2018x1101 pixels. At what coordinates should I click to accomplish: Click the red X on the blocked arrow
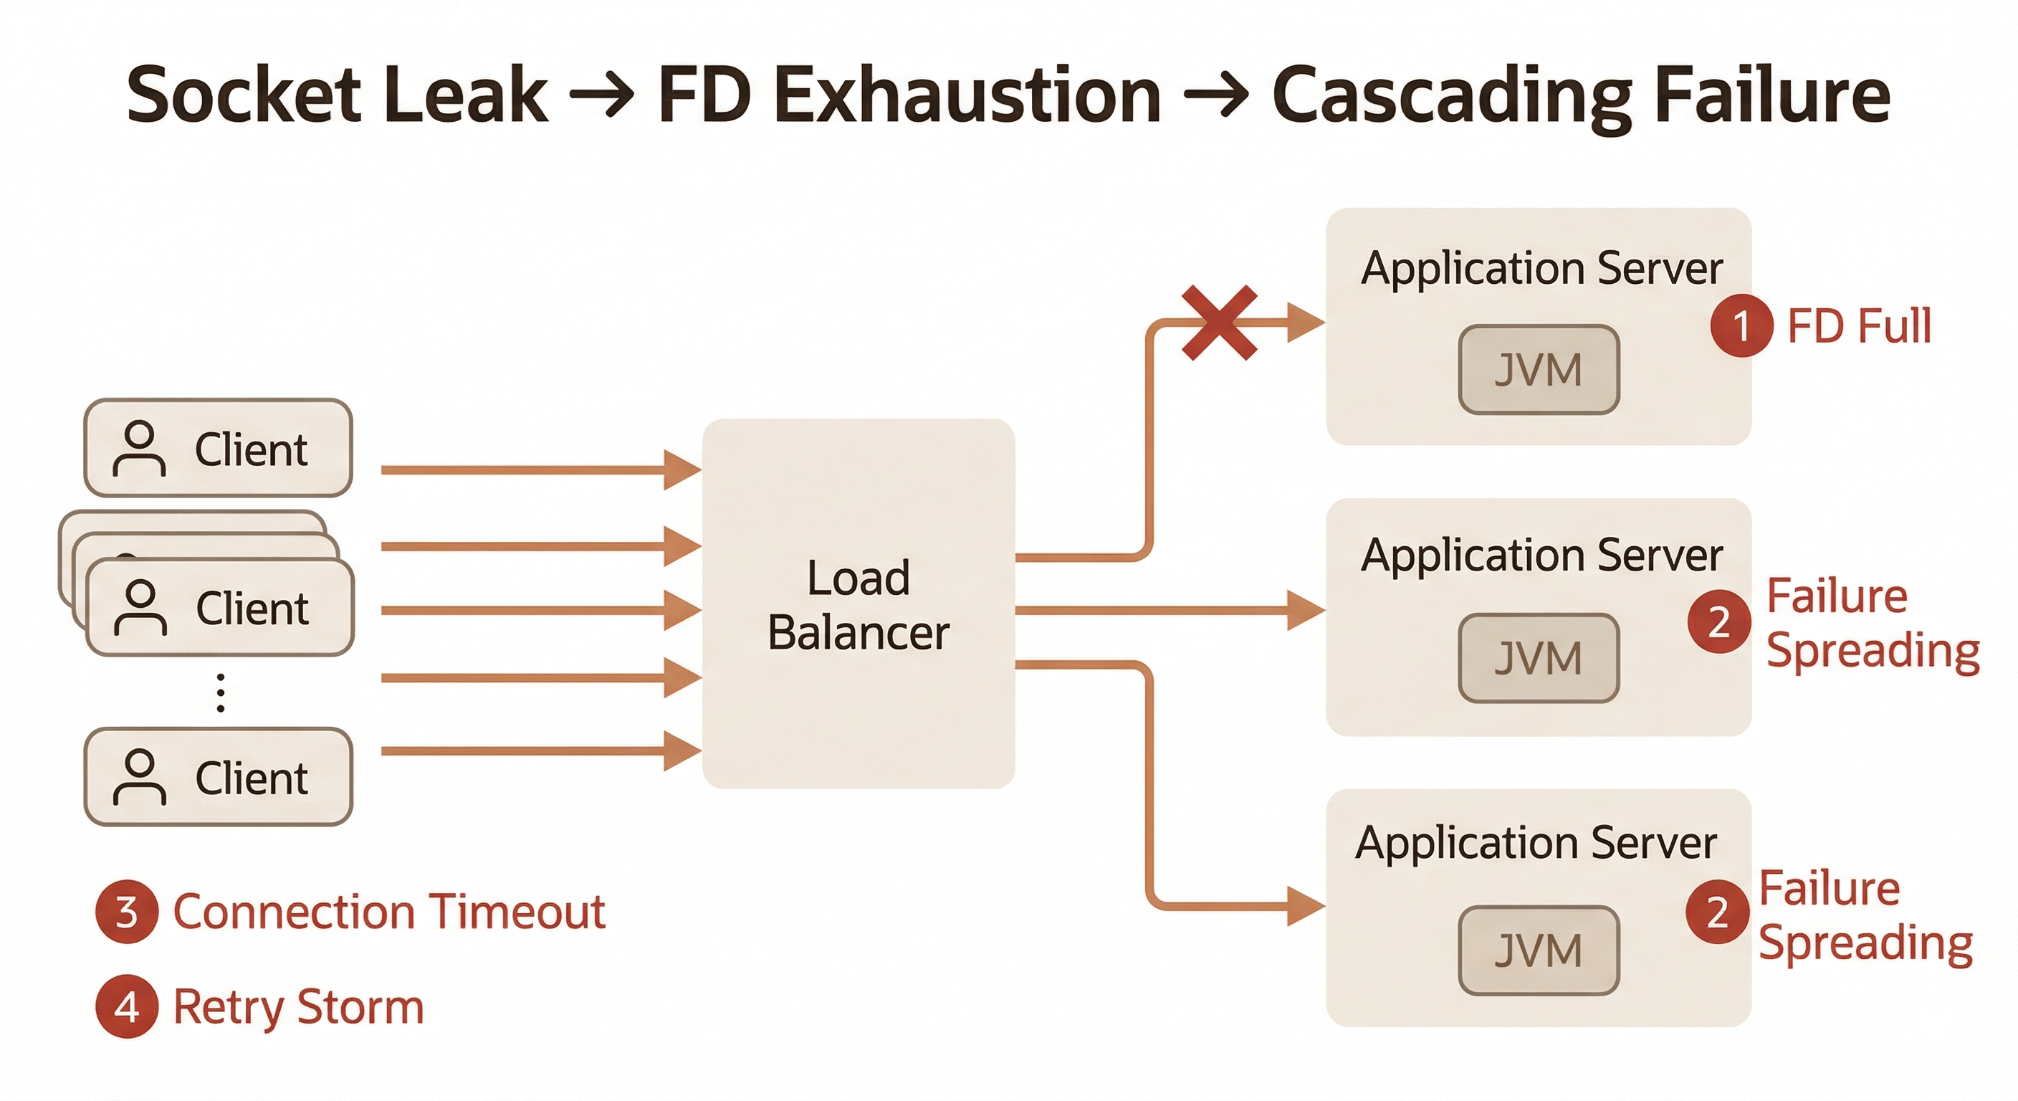(1219, 323)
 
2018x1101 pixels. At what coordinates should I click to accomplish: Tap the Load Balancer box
(859, 604)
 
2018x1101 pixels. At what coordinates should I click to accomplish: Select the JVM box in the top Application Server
(1539, 370)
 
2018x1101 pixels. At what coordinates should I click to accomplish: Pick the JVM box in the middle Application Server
(1539, 658)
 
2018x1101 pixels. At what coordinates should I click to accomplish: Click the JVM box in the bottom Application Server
(1539, 950)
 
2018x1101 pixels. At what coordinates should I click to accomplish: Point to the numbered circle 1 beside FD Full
(1741, 326)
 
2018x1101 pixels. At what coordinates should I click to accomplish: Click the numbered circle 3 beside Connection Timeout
(127, 912)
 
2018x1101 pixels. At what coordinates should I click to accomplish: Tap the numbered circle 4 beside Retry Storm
(127, 1007)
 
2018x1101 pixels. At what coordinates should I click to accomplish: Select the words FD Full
(1859, 326)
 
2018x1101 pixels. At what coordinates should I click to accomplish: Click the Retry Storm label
(298, 1007)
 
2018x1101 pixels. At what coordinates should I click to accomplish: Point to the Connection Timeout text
(389, 912)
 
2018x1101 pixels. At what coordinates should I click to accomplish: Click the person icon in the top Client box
(140, 449)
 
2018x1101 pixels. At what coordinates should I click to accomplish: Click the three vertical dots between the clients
(221, 692)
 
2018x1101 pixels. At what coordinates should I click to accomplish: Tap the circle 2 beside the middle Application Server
(1718, 622)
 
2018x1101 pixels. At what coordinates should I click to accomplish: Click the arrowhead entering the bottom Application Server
(1305, 907)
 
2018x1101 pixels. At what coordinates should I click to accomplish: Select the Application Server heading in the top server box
(1541, 268)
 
